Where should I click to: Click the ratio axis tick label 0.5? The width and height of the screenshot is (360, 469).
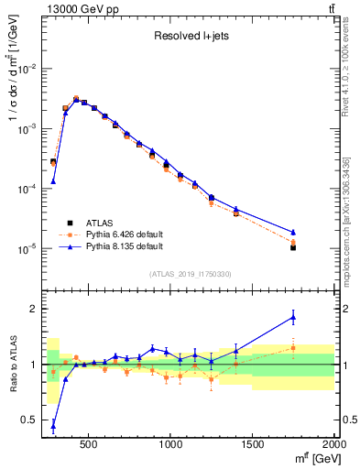(x=30, y=420)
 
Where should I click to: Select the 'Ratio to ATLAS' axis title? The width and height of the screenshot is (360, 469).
(x=12, y=365)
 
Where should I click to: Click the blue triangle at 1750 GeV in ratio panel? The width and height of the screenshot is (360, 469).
(x=293, y=317)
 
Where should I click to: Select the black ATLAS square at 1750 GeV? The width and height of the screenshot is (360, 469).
(x=293, y=247)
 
